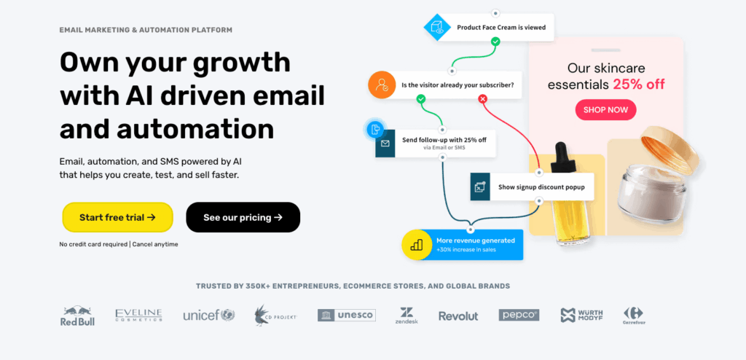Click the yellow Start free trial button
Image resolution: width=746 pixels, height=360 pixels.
tap(117, 217)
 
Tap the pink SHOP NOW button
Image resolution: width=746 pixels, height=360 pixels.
tap(605, 110)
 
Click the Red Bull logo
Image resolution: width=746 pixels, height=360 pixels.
tap(78, 316)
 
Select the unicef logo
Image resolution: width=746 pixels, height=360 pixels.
tap(208, 316)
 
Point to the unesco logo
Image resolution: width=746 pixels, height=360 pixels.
tap(346, 315)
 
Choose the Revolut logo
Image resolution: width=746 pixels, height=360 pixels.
tap(458, 316)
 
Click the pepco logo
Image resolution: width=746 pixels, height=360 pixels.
tap(519, 315)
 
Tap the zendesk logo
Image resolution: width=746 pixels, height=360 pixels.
tap(406, 315)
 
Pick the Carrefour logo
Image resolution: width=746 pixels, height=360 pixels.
tap(633, 316)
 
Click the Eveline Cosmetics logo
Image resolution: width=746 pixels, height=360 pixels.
tap(138, 315)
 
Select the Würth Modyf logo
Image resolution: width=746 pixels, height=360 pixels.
tap(582, 316)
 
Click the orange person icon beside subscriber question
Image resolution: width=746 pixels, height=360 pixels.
tap(381, 85)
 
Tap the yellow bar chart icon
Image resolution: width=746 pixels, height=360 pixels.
tap(417, 245)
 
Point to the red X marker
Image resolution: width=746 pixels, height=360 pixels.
tap(482, 98)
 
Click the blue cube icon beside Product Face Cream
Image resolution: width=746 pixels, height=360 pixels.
tap(438, 27)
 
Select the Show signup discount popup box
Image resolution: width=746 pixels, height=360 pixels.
tap(532, 187)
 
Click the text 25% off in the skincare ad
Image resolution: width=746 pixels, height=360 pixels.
tap(638, 84)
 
